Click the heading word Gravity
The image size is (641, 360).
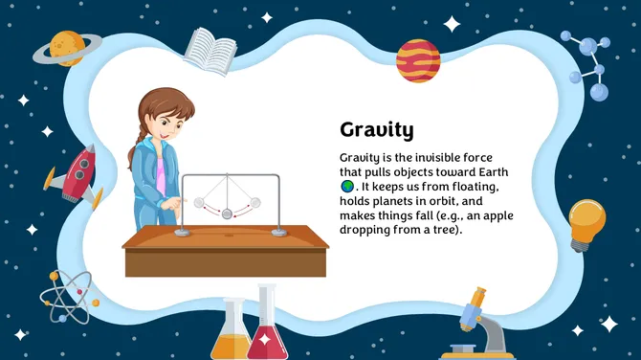[x=376, y=130]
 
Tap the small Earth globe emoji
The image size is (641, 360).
[x=347, y=186]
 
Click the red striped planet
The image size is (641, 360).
[x=417, y=60]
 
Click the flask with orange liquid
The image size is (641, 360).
[x=232, y=335]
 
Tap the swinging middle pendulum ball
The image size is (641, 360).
[x=228, y=214]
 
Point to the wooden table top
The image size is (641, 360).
[x=226, y=236]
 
